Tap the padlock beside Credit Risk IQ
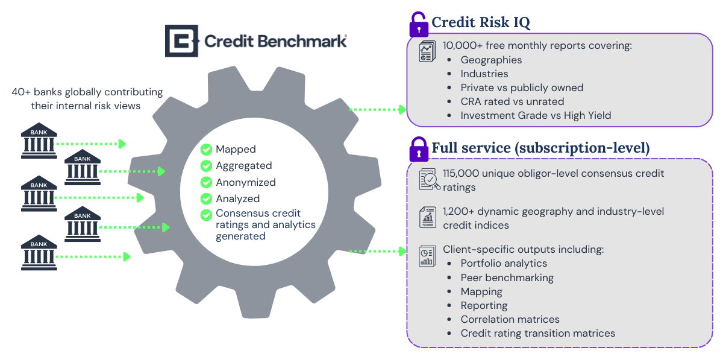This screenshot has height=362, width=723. (x=418, y=25)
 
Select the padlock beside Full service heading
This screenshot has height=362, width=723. (x=418, y=149)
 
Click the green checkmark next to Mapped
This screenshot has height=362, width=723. (x=207, y=149)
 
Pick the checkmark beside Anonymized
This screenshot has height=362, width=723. (x=207, y=182)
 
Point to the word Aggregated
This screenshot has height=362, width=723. (x=244, y=166)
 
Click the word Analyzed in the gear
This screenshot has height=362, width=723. (x=238, y=198)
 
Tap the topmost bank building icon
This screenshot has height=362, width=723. (x=39, y=140)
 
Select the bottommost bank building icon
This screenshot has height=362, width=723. (x=39, y=252)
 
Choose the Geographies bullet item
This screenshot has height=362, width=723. (x=491, y=60)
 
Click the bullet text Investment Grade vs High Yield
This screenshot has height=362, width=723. (x=536, y=115)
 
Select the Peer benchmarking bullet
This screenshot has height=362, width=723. (x=507, y=278)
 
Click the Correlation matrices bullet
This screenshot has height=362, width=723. (x=510, y=319)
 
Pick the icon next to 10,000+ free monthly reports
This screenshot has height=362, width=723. (x=427, y=51)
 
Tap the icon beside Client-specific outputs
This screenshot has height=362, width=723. (x=427, y=255)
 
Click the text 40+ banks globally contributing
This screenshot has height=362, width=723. (x=87, y=92)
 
